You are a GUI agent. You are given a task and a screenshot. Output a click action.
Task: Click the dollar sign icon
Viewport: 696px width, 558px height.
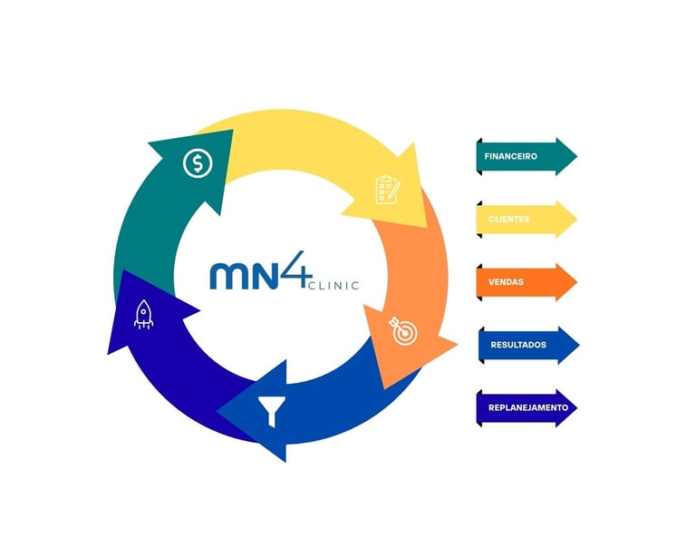(x=197, y=164)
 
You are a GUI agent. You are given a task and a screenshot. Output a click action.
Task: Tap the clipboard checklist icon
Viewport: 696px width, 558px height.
(x=388, y=190)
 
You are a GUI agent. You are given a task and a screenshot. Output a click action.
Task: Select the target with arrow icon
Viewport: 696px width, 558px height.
(x=403, y=330)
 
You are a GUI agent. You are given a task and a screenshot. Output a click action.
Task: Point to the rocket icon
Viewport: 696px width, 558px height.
(x=143, y=314)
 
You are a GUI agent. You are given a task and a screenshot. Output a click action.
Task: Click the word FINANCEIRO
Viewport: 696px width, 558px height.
(x=511, y=156)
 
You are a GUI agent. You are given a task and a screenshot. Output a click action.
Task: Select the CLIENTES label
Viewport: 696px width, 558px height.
(x=508, y=220)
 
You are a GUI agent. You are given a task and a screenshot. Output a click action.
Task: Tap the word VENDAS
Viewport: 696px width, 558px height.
(x=506, y=282)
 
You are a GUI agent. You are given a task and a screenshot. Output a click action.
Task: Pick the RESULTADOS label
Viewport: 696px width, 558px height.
(x=517, y=345)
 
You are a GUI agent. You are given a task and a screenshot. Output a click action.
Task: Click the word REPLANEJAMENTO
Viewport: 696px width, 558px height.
(x=527, y=407)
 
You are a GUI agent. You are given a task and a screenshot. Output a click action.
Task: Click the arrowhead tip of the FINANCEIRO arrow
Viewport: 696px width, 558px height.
(x=575, y=156)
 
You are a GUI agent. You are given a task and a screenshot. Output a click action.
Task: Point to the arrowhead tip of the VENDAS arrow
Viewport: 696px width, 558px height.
(x=575, y=282)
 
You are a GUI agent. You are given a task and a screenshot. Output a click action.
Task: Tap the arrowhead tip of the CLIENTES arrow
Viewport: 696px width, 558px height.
(x=575, y=220)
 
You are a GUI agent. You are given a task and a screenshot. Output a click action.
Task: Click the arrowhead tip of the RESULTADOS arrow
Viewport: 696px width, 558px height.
(x=578, y=345)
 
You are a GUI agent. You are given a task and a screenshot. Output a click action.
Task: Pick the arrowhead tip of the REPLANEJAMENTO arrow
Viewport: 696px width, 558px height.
(x=575, y=407)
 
